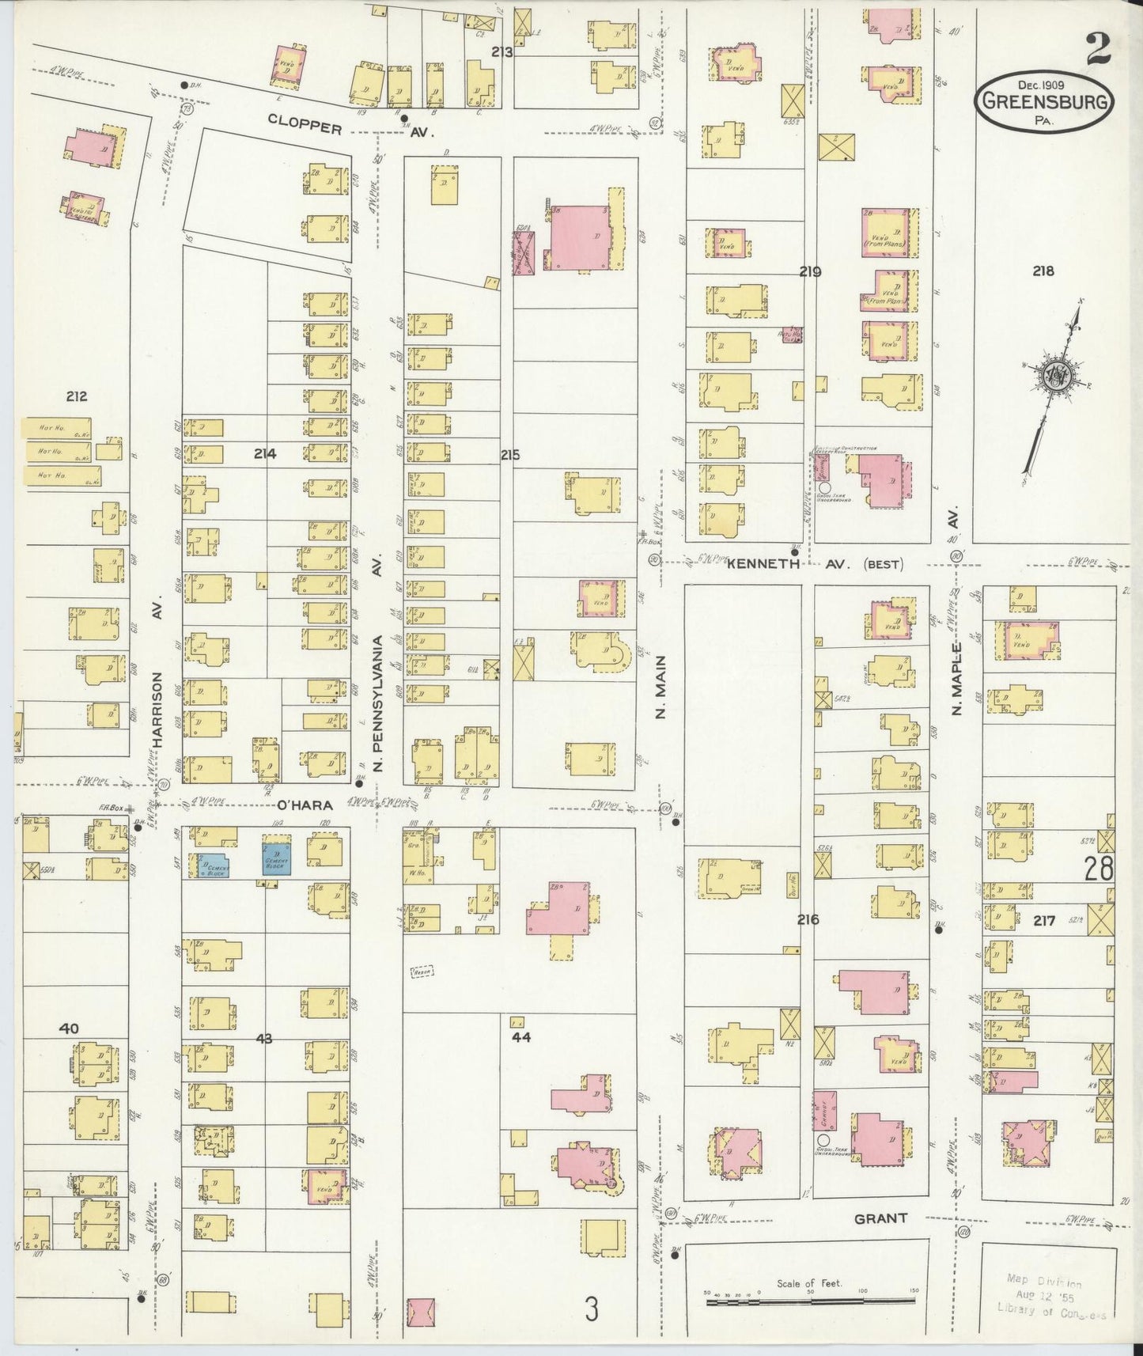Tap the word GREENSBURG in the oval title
[1046, 100]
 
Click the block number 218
[1043, 271]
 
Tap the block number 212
[76, 396]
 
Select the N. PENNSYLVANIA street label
[378, 703]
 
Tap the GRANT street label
[880, 1240]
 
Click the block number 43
[263, 1039]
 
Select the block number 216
[808, 919]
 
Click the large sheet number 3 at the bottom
[592, 1309]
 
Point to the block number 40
[69, 1028]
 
